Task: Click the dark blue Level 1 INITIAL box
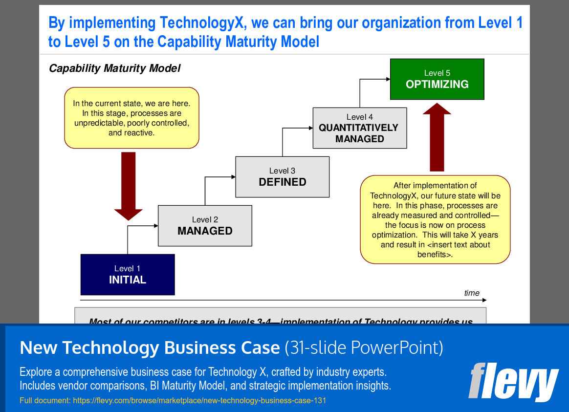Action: coord(128,275)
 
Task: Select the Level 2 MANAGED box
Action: coord(205,226)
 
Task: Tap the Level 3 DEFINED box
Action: coord(283,177)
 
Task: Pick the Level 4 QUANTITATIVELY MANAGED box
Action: coord(360,128)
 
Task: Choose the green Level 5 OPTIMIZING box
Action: coord(437,79)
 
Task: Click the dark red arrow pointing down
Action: coord(129,186)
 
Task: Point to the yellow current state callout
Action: coord(131,118)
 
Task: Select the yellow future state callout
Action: coord(435,220)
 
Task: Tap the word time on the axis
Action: coord(472,293)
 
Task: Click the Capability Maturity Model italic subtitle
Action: coord(114,68)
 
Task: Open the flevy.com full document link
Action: coord(199,401)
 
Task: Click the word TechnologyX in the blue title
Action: coord(198,22)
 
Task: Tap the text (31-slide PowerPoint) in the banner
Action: coord(364,348)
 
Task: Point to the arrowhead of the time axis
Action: coord(484,300)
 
